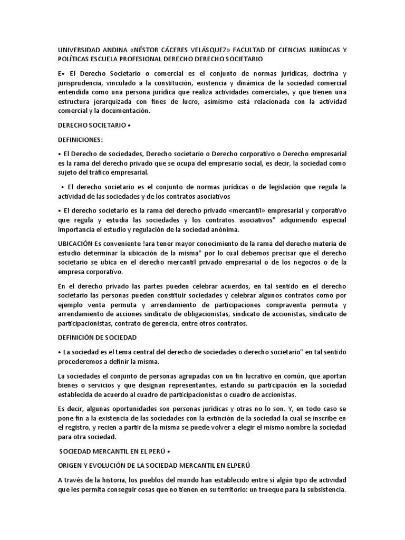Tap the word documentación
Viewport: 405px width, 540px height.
127,111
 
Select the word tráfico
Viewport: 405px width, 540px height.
104,172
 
